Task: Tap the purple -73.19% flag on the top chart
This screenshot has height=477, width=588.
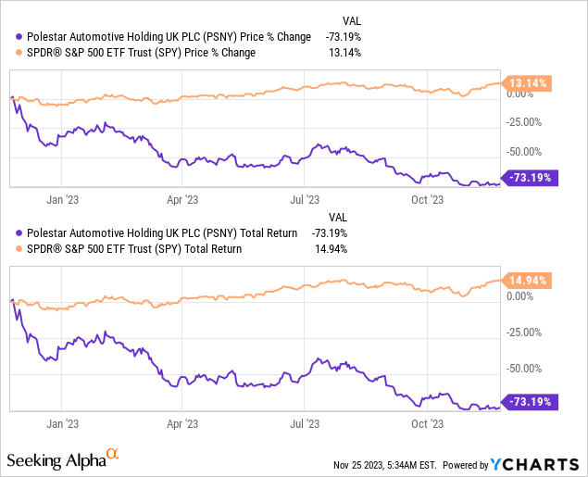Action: point(529,177)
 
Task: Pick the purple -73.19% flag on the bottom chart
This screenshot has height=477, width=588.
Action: point(529,401)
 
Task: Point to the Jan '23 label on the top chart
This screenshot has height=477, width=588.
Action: point(61,198)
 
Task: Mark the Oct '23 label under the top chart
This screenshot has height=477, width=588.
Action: point(427,198)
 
